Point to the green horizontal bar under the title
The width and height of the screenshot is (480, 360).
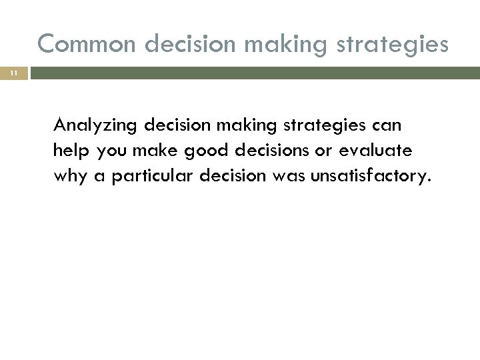click(253, 73)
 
